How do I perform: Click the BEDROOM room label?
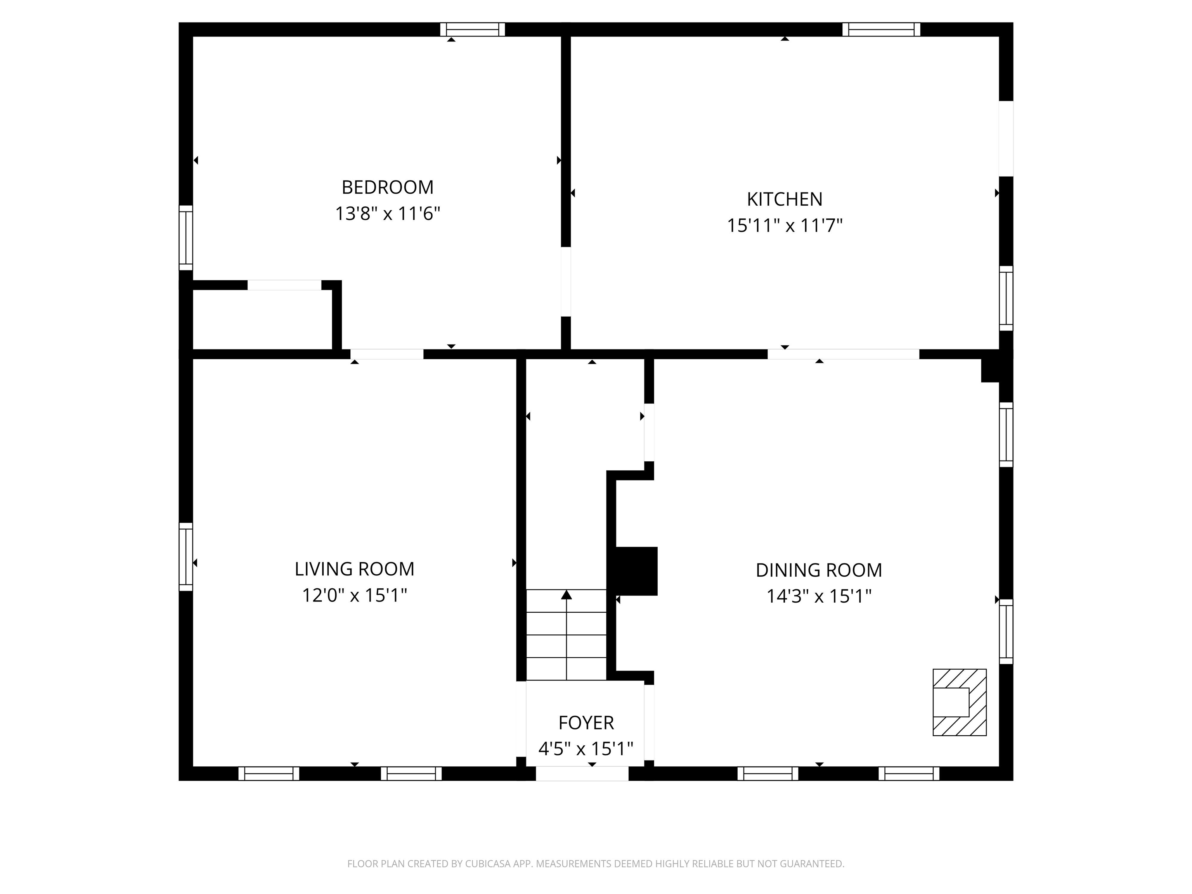(388, 187)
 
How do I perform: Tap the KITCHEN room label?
(785, 199)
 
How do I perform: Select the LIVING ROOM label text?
(355, 569)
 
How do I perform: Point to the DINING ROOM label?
(819, 570)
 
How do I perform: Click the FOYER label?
(586, 722)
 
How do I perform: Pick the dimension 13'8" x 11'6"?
(388, 214)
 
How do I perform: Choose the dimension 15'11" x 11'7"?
(785, 226)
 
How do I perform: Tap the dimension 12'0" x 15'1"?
(355, 596)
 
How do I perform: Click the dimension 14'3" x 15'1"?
(819, 596)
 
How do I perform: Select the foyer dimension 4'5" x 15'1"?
(586, 749)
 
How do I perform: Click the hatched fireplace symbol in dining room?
(959, 702)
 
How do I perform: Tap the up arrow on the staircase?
(567, 595)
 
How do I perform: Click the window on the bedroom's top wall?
(473, 29)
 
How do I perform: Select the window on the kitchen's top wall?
(881, 29)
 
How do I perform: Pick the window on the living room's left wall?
(185, 557)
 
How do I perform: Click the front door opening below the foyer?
(582, 773)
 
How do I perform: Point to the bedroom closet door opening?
(284, 285)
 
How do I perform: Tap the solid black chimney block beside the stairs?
(635, 571)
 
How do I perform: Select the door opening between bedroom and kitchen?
(566, 282)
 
